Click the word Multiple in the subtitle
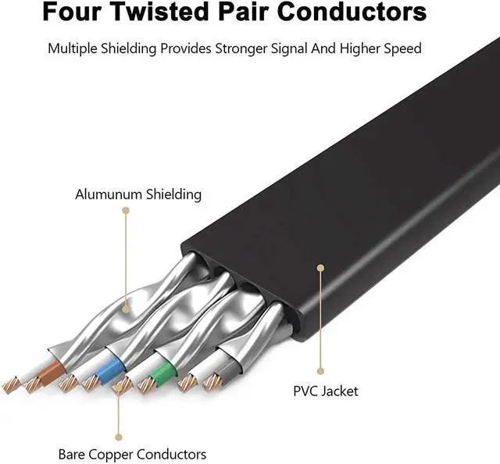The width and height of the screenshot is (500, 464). point(74,48)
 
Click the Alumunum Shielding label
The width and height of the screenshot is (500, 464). point(138,195)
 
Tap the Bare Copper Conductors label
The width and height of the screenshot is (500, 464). point(132,454)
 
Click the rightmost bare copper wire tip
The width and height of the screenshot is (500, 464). point(211,383)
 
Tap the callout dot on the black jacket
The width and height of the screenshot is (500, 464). point(320,267)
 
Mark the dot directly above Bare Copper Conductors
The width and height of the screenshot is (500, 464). point(119,437)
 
